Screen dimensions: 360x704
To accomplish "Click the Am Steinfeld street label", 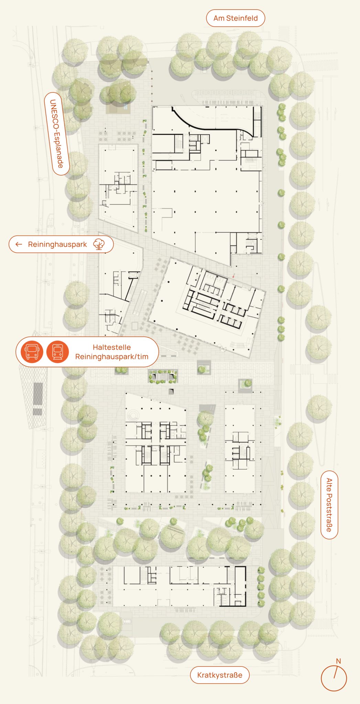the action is tap(236, 18).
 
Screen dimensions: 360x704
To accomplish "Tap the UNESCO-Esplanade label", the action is tap(57, 134).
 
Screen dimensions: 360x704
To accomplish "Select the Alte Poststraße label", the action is tap(329, 505).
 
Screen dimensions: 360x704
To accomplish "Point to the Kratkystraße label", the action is tap(220, 675).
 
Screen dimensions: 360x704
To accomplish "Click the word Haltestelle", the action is tap(112, 347).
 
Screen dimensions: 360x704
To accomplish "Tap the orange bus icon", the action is tap(32, 352).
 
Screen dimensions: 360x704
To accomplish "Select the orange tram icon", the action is tap(57, 352).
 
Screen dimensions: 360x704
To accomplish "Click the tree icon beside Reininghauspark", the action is tap(99, 244).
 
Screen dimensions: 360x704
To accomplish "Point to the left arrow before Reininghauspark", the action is tap(19, 244).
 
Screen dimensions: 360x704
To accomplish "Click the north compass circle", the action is tap(334, 678).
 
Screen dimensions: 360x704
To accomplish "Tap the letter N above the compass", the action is tap(338, 661).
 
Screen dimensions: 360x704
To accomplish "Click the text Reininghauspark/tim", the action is tap(112, 357).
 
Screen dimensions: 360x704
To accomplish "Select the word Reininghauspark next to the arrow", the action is tap(57, 244).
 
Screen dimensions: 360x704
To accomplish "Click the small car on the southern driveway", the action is tap(127, 621).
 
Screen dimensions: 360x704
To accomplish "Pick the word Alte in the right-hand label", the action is tap(329, 485).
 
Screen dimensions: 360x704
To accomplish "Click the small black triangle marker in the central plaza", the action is tap(171, 392).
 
